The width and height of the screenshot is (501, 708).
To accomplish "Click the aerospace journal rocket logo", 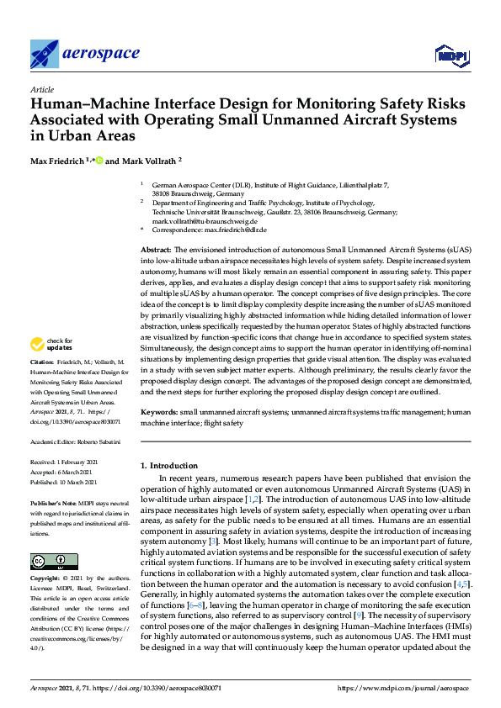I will pyautogui.click(x=45, y=54).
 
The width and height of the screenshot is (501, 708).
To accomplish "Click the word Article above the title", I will pyautogui.click(x=42, y=88).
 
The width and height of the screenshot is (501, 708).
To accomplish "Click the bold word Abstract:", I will pyautogui.click(x=156, y=251).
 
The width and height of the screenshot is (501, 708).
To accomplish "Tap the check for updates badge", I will pyautogui.click(x=51, y=344).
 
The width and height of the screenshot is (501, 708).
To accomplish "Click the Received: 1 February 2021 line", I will pyautogui.click(x=64, y=462).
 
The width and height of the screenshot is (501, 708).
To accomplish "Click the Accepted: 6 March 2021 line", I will pyautogui.click(x=63, y=471).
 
